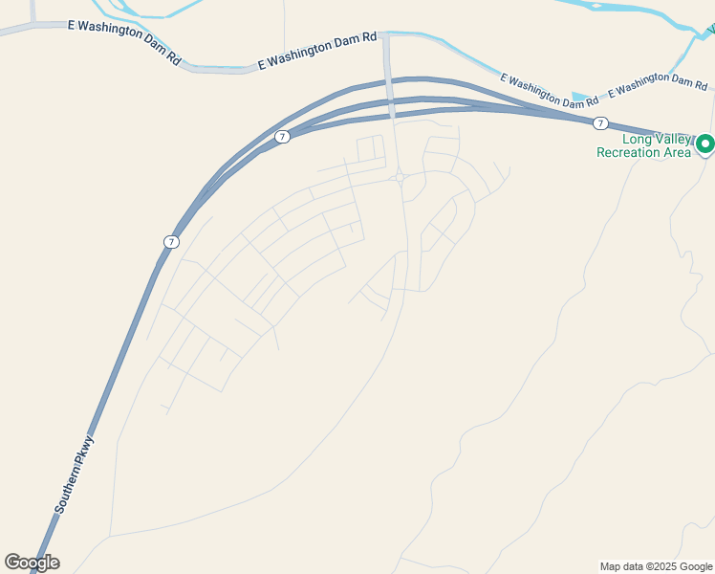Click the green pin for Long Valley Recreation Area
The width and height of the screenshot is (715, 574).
pyautogui.click(x=705, y=144)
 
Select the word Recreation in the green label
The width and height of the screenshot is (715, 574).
pyautogui.click(x=629, y=153)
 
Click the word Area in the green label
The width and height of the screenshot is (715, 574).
pyautogui.click(x=677, y=153)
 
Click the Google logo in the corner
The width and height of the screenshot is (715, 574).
pyautogui.click(x=32, y=563)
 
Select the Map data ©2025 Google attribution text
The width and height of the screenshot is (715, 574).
pyautogui.click(x=656, y=566)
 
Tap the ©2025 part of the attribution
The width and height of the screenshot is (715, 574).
pyautogui.click(x=661, y=566)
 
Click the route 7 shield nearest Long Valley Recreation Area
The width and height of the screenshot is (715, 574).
pyautogui.click(x=599, y=123)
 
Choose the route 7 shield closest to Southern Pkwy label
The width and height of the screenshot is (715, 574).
pyautogui.click(x=170, y=242)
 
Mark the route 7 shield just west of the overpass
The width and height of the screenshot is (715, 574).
pyautogui.click(x=282, y=137)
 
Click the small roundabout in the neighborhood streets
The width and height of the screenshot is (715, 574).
pyautogui.click(x=399, y=177)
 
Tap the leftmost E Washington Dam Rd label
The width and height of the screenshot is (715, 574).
pyautogui.click(x=124, y=40)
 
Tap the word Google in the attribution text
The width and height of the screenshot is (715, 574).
pyautogui.click(x=695, y=566)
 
